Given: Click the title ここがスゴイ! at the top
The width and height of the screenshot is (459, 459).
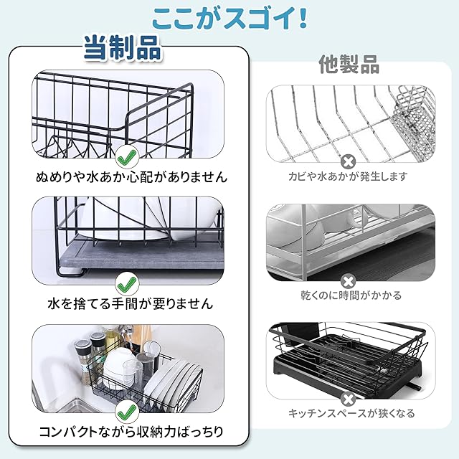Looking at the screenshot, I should point(229,16).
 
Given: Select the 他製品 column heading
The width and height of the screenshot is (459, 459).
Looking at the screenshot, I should point(349,65).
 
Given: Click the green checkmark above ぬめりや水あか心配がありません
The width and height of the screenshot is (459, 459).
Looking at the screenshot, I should point(127,156).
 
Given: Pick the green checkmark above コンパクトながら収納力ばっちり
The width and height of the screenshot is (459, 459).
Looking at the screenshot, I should point(127,411).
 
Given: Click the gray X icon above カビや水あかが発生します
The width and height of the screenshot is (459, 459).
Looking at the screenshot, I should point(348,161).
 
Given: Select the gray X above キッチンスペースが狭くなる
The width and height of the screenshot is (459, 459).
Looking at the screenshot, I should point(348,399).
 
